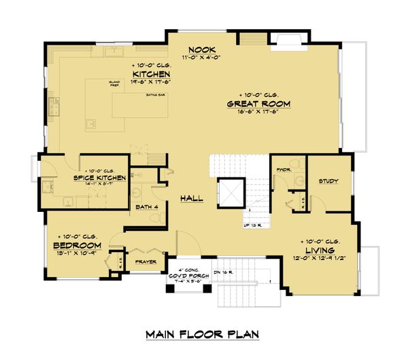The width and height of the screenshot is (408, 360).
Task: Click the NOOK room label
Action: pos(203,50)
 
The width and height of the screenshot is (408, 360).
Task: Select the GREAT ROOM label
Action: pos(258,104)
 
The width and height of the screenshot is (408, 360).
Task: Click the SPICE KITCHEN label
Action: pos(99,178)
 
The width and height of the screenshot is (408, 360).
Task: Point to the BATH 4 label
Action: pos(146,206)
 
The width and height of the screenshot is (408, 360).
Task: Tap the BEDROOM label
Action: pos(78,245)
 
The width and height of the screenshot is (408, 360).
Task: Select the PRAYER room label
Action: pos(146,262)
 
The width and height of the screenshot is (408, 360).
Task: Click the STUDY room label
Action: pos(329,181)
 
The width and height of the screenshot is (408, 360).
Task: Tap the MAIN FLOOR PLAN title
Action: pos(203,335)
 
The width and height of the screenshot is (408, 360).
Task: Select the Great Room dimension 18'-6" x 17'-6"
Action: pos(258,112)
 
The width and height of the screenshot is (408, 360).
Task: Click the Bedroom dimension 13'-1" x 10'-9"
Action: pos(78,253)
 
